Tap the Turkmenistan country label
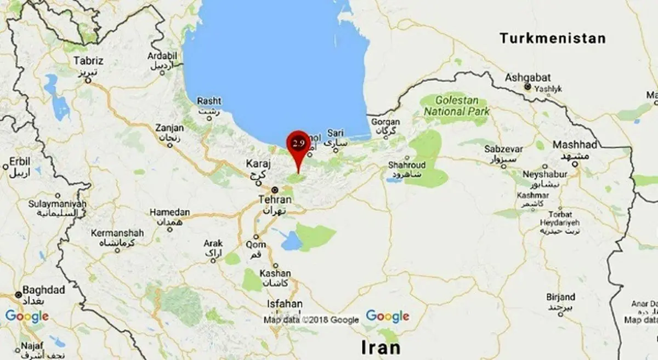pyautogui.click(x=552, y=38)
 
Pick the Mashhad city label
pyautogui.click(x=574, y=145)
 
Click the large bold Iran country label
pyautogui.click(x=380, y=347)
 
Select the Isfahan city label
pyautogui.click(x=283, y=304)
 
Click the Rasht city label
pyautogui.click(x=209, y=101)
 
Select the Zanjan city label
pyautogui.click(x=169, y=127)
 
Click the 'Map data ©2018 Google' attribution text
pyautogui.click(x=311, y=320)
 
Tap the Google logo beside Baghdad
pyautogui.click(x=26, y=316)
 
